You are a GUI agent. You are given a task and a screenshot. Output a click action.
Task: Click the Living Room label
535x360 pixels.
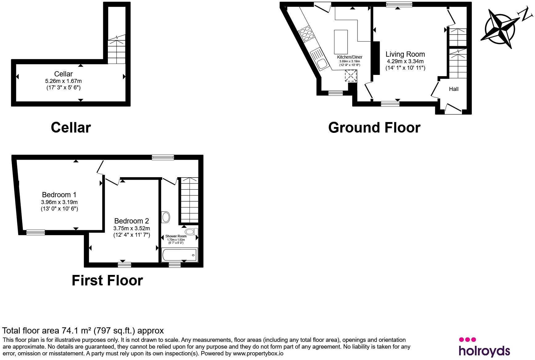click(405, 54)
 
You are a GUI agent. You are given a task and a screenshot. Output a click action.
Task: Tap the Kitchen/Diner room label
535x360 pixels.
click(349, 57)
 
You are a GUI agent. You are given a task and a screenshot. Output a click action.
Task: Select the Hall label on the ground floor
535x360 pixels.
click(454, 89)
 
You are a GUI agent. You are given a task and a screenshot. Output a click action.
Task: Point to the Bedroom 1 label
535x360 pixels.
click(59, 195)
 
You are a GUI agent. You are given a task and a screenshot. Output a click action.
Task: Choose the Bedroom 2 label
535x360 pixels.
click(132, 221)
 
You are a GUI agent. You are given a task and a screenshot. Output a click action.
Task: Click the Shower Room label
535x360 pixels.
click(176, 236)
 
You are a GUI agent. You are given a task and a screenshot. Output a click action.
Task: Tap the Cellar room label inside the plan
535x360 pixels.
click(63, 74)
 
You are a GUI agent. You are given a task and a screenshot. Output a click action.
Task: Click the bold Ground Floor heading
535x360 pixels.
click(374, 128)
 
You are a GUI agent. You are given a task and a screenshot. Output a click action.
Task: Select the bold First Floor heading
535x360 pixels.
click(107, 280)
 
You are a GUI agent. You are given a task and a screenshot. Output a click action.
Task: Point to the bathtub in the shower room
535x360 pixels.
click(180, 255)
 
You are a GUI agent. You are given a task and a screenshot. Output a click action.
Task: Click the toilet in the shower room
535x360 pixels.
click(191, 231)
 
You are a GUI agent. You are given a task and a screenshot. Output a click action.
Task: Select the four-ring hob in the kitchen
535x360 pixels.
click(306, 34)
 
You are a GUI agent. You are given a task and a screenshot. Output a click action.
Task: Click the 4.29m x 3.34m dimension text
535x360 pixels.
click(405, 61)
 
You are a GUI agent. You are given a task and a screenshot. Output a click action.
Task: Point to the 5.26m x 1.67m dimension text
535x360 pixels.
click(63, 81)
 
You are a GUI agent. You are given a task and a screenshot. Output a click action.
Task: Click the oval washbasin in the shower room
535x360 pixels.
click(166, 217)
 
